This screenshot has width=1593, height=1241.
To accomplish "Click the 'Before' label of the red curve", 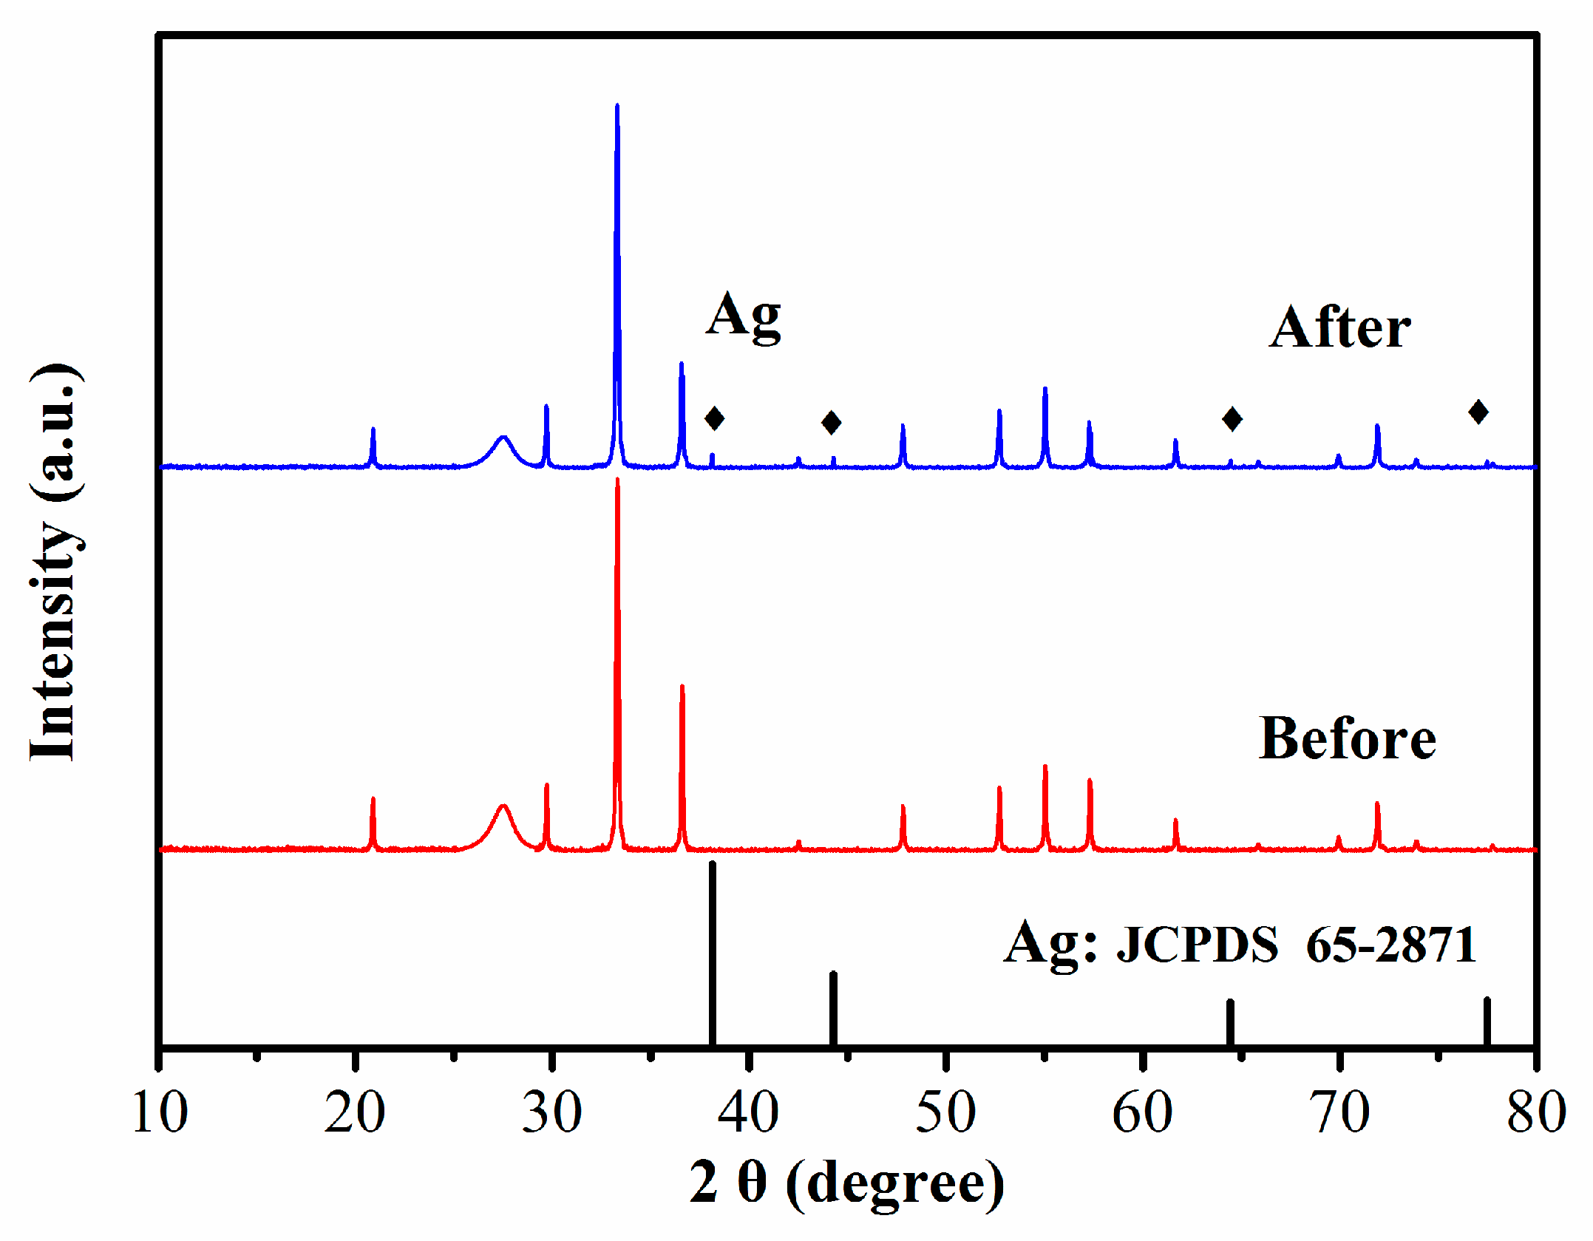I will (x=1347, y=738).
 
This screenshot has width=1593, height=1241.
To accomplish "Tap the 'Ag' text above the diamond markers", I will (x=743, y=316).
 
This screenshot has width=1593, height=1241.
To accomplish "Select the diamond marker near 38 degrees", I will (x=714, y=418).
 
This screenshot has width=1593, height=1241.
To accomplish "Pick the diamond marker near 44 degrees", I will (x=832, y=423).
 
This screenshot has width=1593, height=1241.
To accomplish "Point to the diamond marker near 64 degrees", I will (x=1232, y=419).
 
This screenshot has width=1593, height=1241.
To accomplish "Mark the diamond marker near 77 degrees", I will (x=1478, y=412).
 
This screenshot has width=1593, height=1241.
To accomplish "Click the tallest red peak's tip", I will (x=617, y=481).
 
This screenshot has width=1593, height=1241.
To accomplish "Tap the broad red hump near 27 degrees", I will (x=503, y=809).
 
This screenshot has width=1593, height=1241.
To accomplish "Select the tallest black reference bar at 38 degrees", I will (x=713, y=953).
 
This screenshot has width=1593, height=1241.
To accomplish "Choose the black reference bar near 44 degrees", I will (x=833, y=1009).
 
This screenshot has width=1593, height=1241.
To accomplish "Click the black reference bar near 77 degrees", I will (x=1487, y=1022).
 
